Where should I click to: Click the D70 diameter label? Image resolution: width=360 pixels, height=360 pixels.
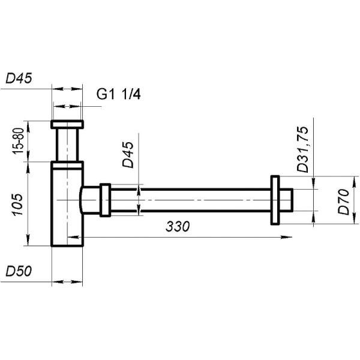344,202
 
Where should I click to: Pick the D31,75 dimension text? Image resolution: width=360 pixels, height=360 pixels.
304,149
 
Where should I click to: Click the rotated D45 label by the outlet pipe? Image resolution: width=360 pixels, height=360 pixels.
128,154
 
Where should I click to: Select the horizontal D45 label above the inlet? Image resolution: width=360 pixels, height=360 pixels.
19,78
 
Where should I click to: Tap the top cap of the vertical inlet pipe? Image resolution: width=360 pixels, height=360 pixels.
68,125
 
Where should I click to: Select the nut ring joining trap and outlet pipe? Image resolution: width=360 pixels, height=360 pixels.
105,200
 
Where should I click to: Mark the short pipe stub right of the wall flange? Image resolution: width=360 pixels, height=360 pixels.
286,200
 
